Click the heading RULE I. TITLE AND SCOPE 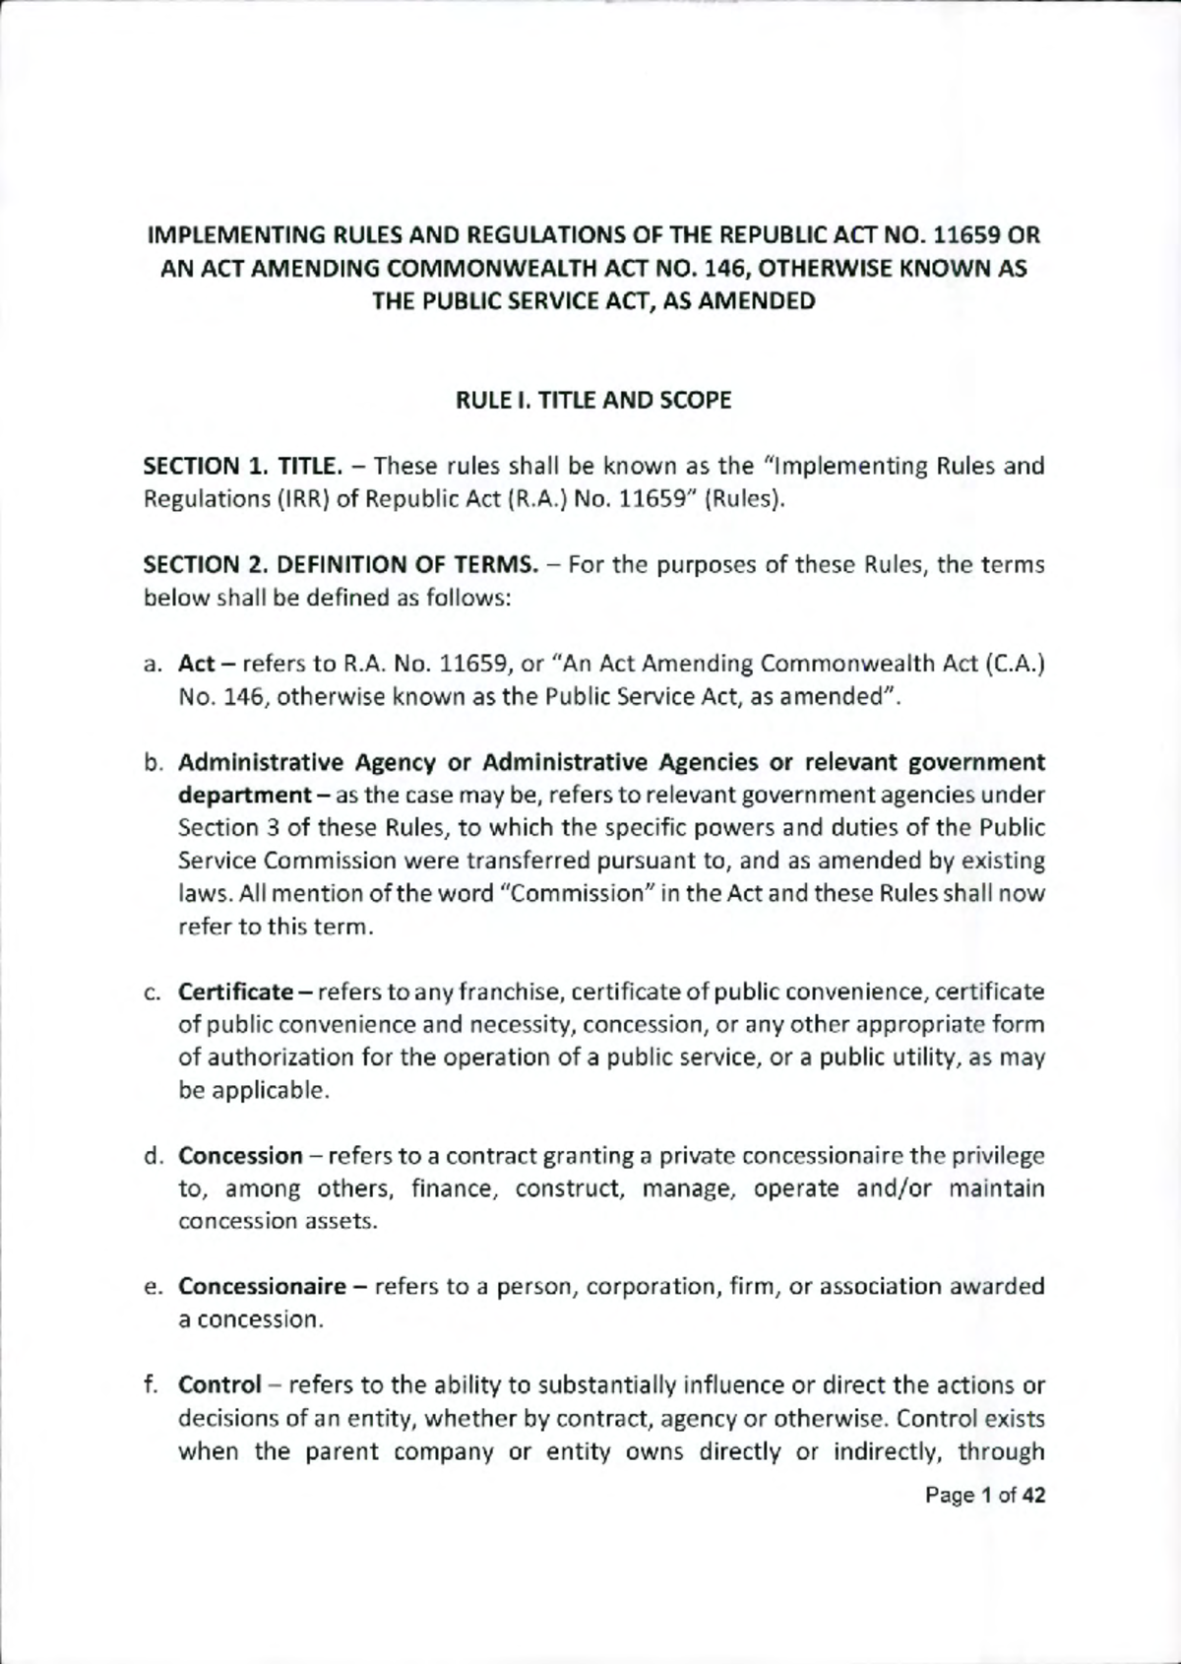pyautogui.click(x=592, y=401)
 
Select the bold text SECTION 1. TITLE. pyautogui.click(x=243, y=466)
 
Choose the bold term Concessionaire pyautogui.click(x=262, y=1287)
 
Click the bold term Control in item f pyautogui.click(x=218, y=1385)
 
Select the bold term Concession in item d pyautogui.click(x=240, y=1155)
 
